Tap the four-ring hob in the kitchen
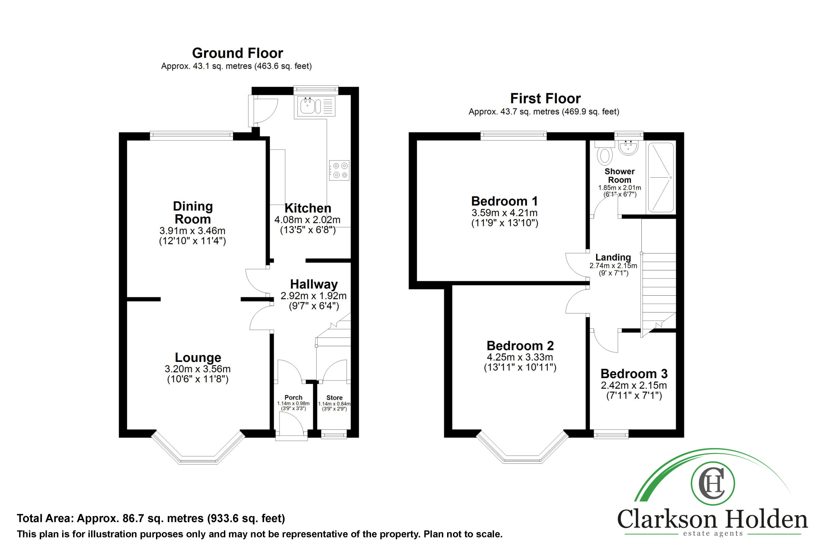point(339,170)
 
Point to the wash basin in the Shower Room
point(628,147)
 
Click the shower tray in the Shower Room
point(661,178)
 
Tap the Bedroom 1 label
point(505,201)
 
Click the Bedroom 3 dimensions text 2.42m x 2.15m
point(634,386)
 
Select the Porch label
point(293,398)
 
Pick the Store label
point(335,398)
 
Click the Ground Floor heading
point(238,53)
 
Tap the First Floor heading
point(545,99)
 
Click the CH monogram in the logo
point(712,483)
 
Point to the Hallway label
point(314,284)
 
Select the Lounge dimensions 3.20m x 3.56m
point(197,369)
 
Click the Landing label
point(613,258)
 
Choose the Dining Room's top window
point(191,135)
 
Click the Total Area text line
point(151,518)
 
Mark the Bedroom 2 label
point(520,346)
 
